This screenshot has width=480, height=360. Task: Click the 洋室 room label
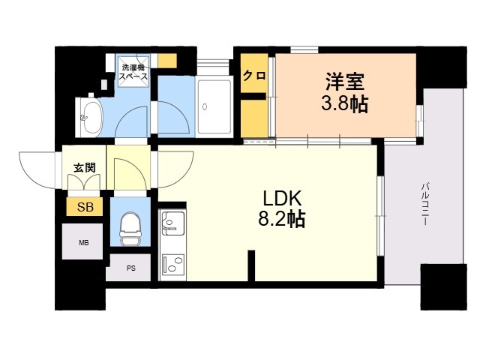[x=345, y=82]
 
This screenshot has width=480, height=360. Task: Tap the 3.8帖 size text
[x=344, y=103]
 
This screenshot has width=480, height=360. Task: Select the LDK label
[x=283, y=199]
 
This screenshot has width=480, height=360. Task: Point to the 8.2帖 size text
[x=282, y=219]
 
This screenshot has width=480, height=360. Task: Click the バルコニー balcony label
[x=425, y=204]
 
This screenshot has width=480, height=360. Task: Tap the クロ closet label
[x=254, y=75]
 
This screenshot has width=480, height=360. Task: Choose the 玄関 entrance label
[x=85, y=167]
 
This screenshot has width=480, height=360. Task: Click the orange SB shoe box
[x=85, y=207]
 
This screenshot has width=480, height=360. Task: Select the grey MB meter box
[x=82, y=241]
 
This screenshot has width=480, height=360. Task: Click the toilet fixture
[x=130, y=229]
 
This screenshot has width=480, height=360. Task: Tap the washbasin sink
[x=88, y=118]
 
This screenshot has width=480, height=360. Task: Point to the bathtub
[x=214, y=106]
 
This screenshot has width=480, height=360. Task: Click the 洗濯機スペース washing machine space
[x=133, y=71]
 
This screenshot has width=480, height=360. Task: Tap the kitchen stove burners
[x=172, y=263]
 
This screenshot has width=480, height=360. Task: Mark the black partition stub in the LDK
[x=251, y=265]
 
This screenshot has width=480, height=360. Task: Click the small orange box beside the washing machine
[x=167, y=61]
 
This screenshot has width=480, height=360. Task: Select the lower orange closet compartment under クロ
[x=254, y=118]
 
